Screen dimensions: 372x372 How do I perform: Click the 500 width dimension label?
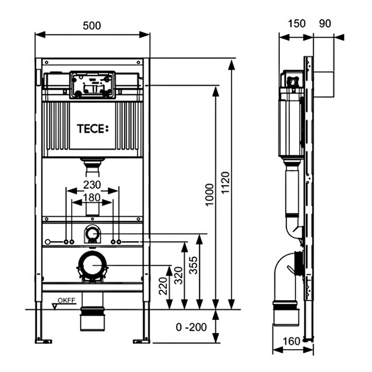[x=92, y=25]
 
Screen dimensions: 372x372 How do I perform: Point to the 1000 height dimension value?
[x=210, y=195]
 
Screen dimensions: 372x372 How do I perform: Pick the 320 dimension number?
[x=177, y=276]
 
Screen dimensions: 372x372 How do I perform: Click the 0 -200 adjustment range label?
[x=191, y=327]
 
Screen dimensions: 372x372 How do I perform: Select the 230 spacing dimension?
[x=92, y=185]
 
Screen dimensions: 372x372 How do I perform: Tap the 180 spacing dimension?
[x=92, y=198]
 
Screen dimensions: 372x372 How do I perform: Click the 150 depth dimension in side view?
[x=296, y=23]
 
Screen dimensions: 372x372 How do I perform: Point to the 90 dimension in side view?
[x=325, y=23]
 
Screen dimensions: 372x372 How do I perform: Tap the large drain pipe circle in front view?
[x=92, y=265]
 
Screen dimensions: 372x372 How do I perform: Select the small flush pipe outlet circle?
[x=92, y=234]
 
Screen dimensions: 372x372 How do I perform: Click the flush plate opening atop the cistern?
[x=92, y=85]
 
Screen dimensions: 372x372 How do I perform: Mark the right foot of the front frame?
[x=142, y=340]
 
